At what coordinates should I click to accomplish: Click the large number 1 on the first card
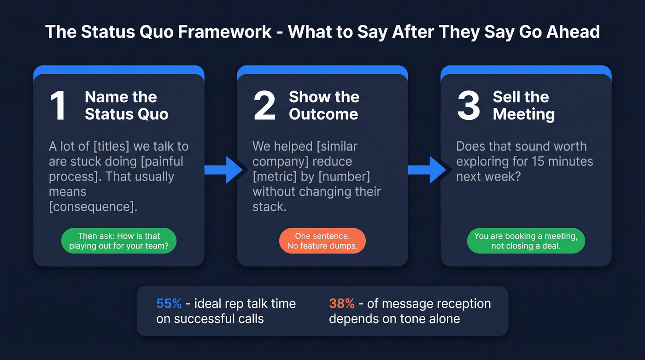click(58, 106)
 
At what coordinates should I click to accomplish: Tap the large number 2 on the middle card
click(264, 106)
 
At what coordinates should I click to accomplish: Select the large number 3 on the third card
click(469, 106)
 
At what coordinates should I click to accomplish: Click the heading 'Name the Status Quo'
click(126, 106)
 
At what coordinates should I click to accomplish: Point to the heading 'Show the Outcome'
click(324, 106)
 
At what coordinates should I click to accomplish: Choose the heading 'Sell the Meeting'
click(524, 106)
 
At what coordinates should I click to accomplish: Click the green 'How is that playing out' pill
click(119, 241)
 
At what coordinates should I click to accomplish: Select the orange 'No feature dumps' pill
click(322, 241)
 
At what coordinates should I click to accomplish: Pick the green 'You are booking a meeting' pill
click(526, 241)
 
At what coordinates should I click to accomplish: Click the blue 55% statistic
click(169, 304)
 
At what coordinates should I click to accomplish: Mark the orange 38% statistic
click(341, 304)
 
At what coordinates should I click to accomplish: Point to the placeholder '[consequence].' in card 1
click(93, 207)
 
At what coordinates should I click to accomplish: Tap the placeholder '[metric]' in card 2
click(274, 177)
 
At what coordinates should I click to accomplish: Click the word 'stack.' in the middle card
click(270, 207)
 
